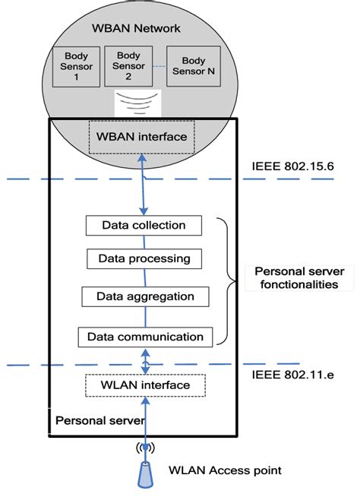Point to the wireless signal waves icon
[136, 102]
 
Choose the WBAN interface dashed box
[141, 136]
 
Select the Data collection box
[143, 225]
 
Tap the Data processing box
[144, 258]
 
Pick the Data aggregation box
[144, 296]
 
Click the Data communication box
[144, 336]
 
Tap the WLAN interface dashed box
[145, 386]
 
